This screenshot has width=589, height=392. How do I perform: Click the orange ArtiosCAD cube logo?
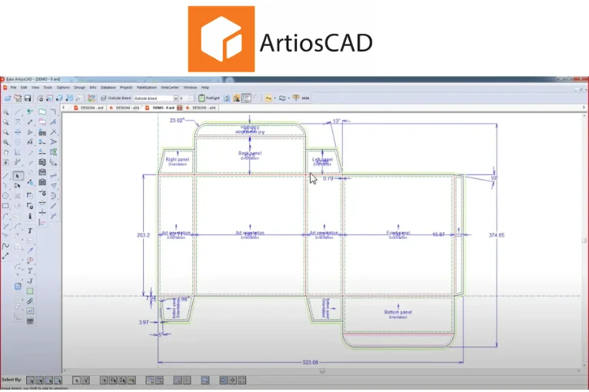[221, 38]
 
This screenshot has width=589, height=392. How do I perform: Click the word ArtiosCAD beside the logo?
[316, 42]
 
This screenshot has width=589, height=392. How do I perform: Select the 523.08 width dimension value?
[311, 363]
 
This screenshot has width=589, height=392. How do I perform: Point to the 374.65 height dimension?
[496, 235]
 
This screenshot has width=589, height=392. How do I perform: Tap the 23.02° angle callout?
[178, 121]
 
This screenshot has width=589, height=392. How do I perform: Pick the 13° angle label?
[336, 121]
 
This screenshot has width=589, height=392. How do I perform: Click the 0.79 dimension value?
[328, 178]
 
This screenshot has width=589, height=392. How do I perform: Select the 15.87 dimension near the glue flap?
[438, 234]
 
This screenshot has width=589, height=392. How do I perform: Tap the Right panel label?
[178, 159]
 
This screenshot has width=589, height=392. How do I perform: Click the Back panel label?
[250, 154]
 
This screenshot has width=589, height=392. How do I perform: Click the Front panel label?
[398, 233]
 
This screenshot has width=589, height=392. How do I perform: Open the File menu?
[13, 88]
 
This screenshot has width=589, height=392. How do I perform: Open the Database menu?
[108, 88]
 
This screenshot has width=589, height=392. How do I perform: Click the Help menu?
[205, 88]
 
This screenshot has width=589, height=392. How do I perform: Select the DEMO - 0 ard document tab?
[168, 108]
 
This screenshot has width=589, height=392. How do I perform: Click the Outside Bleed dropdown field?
[154, 98]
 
